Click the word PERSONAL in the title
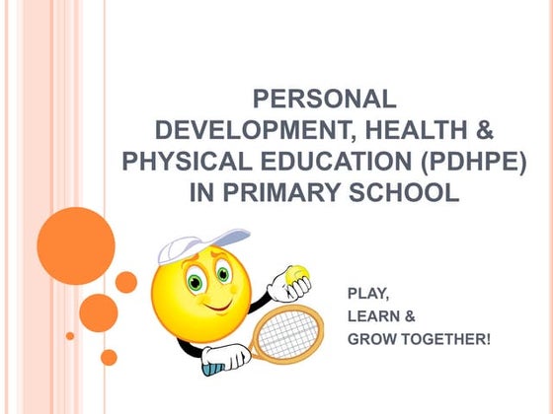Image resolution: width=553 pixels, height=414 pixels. (325, 99)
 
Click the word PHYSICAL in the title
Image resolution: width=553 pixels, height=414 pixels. (179, 161)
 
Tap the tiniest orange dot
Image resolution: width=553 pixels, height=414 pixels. (70, 336)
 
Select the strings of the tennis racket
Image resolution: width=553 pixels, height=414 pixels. (288, 331)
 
